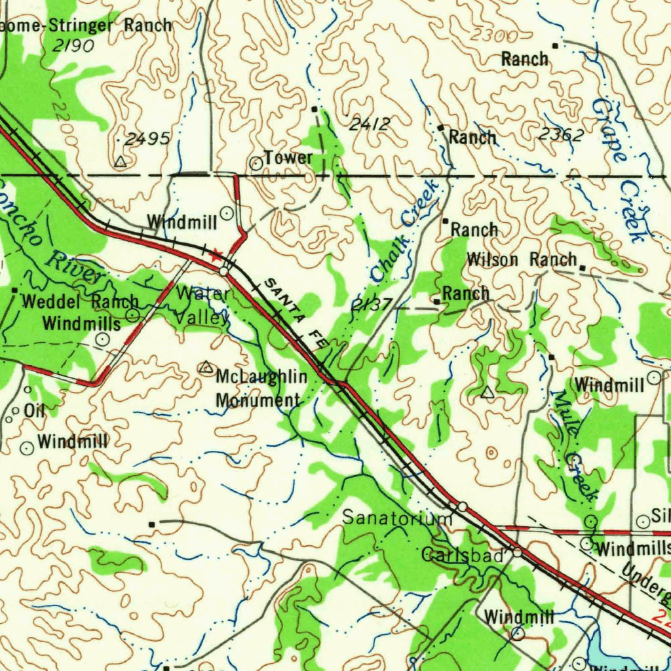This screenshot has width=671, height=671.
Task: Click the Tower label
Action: point(288,158)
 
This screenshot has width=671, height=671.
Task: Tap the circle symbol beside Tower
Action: point(256,163)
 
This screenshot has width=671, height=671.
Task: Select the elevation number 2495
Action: point(147,138)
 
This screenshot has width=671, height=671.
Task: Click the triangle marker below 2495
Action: point(120,161)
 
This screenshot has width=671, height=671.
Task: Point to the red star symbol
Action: point(216,254)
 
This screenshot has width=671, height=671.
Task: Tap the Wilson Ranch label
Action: point(522,259)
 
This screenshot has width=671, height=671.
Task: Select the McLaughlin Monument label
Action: point(261,389)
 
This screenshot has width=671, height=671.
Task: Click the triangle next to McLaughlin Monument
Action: point(206,368)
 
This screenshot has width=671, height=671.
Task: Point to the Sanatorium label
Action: point(397,518)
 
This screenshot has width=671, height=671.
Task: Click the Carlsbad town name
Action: point(463,556)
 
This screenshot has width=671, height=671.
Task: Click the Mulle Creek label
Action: point(575,446)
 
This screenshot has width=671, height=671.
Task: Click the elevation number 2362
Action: point(560,134)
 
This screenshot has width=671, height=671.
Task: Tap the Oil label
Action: point(34,411)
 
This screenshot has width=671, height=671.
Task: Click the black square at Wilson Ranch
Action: point(583,267)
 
